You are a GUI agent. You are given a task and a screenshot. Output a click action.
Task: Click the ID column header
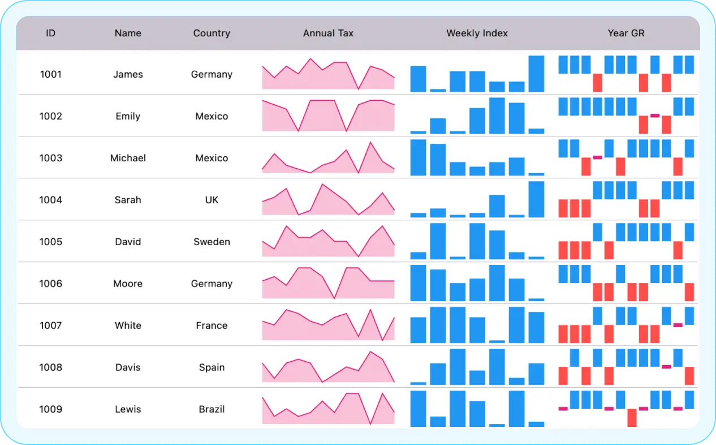point(50,33)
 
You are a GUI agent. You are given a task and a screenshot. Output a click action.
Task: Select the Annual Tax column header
point(328,33)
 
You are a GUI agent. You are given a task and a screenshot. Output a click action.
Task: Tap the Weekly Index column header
point(477,33)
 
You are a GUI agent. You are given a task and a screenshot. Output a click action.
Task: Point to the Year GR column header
point(626,33)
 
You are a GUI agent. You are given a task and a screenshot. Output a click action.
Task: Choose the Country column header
point(212,33)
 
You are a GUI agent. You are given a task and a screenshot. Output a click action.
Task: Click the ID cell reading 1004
point(50,200)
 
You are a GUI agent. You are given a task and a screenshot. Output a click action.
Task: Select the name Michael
point(128,158)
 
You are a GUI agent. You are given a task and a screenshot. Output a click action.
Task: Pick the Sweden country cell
point(212,242)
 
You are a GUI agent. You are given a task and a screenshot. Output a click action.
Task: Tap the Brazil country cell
point(212,409)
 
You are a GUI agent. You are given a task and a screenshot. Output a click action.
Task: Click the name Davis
point(128,367)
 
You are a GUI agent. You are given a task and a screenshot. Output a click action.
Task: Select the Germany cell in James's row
point(212,74)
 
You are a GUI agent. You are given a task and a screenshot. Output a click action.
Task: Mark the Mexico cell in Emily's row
point(212,116)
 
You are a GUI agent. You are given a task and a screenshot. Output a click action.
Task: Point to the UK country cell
point(212,200)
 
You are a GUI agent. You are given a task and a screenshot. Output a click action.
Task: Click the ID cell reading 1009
point(50,409)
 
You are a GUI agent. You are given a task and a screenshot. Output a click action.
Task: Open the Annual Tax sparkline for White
point(328,325)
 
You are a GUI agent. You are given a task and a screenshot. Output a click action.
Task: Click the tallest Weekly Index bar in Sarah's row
point(536,199)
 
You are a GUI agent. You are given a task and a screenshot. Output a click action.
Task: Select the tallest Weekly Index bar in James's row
point(536,74)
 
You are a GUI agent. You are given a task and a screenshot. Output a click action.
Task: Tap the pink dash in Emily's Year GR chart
point(655,115)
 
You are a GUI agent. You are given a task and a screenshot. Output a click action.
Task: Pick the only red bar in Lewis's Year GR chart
point(632,417)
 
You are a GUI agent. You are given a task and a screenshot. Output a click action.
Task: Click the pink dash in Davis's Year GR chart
point(666,367)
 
